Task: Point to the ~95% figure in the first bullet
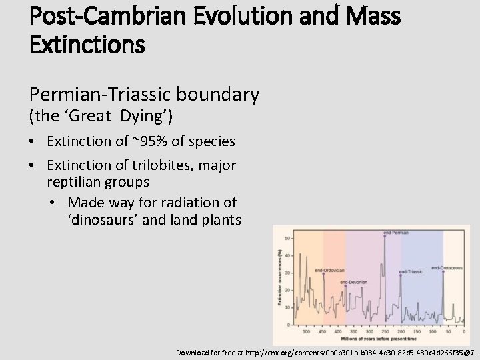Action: [147, 141]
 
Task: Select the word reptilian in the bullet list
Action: [74, 181]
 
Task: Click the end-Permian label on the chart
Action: [396, 232]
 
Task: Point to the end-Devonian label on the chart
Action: [353, 283]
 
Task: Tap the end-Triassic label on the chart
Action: [412, 272]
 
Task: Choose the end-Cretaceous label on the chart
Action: [447, 268]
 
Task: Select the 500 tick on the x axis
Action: [307, 331]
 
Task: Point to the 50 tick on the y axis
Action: [288, 237]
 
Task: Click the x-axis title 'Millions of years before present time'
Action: [375, 338]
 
